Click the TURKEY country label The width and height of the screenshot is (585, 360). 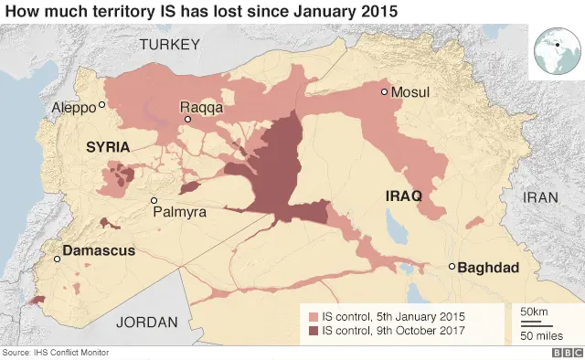click(168, 44)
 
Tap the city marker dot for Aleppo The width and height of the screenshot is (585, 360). click(102, 104)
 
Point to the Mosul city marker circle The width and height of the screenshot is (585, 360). click(385, 91)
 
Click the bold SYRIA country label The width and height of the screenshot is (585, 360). click(108, 146)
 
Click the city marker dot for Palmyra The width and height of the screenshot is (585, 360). click(154, 200)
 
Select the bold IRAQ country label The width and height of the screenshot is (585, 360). click(402, 196)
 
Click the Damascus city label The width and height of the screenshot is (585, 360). click(99, 249)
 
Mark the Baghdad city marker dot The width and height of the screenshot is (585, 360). click(452, 267)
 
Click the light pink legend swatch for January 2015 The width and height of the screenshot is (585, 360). click(314, 316)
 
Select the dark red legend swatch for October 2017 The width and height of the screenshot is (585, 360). click(314, 331)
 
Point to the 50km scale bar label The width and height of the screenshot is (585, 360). click(534, 312)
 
